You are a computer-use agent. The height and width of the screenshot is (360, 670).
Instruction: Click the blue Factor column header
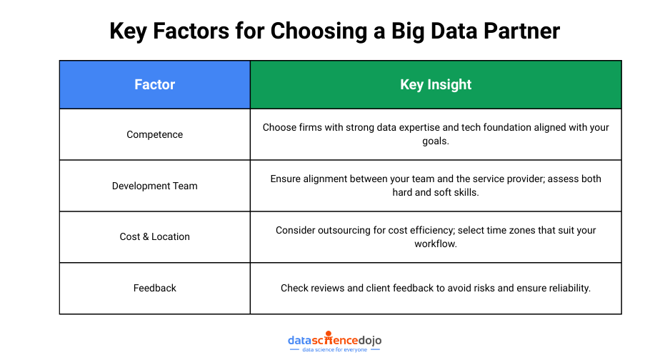pos(155,84)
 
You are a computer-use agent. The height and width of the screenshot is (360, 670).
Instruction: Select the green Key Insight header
pos(436,84)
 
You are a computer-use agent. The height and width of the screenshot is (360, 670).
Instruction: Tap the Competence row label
pos(155,134)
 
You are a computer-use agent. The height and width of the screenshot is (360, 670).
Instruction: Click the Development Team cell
pos(155,186)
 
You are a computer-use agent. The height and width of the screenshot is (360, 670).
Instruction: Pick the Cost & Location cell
pos(155,236)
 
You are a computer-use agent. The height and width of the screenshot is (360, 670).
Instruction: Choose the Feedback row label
pos(155,288)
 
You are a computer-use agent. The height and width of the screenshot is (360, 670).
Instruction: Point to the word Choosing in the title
pos(319,32)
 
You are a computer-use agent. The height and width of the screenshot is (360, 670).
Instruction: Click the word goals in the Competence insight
pos(436,141)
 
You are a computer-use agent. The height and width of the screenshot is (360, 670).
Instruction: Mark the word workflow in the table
pos(436,244)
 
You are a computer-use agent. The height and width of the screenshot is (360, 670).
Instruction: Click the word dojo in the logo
pos(370,340)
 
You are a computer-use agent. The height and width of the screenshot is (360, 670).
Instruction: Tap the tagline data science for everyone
pos(334,350)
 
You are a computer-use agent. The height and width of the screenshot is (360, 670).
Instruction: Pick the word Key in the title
pos(128,32)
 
